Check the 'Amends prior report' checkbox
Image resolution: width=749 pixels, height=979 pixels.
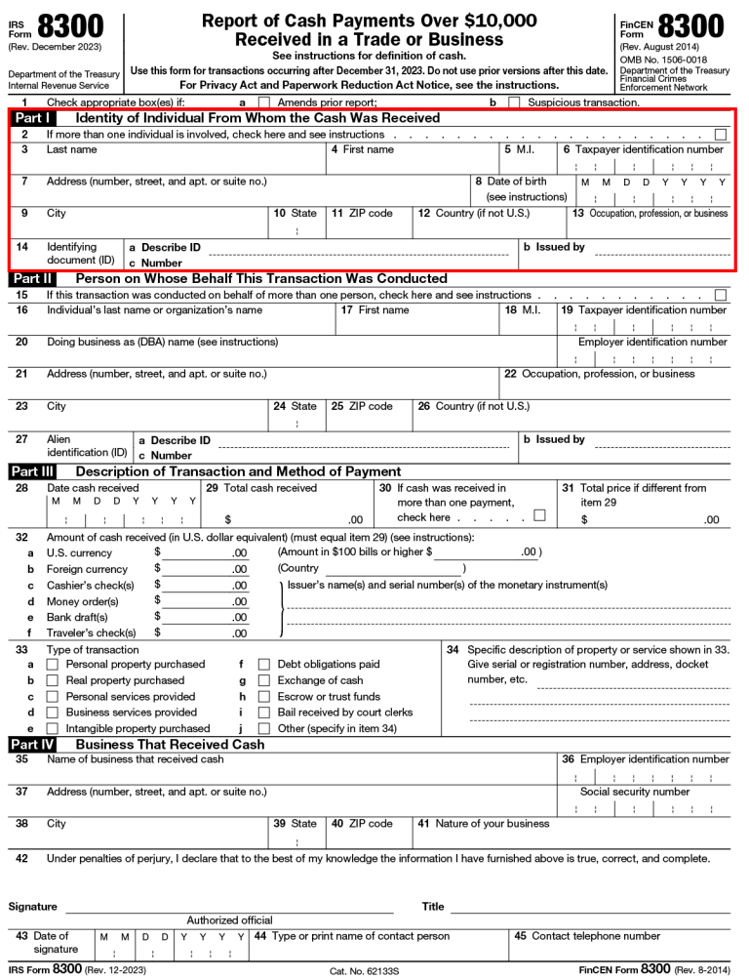point(263,102)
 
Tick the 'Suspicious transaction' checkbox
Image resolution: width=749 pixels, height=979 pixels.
point(514,102)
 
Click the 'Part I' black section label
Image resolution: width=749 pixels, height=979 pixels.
point(32,118)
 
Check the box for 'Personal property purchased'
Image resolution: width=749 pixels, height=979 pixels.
point(53,665)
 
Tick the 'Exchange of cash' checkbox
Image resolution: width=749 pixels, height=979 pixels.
point(264,680)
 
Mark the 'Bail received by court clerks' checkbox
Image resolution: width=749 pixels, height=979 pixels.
point(264,713)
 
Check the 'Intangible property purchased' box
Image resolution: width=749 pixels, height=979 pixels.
point(53,729)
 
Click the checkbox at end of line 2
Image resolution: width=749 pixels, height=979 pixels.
point(721,134)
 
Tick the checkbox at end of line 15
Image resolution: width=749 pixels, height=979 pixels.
point(721,295)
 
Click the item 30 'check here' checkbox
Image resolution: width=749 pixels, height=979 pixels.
point(539,515)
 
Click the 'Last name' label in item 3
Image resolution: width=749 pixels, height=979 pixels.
point(71,150)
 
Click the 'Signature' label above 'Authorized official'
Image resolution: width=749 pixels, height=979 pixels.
point(33,907)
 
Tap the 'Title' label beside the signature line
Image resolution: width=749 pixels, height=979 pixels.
point(433,907)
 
